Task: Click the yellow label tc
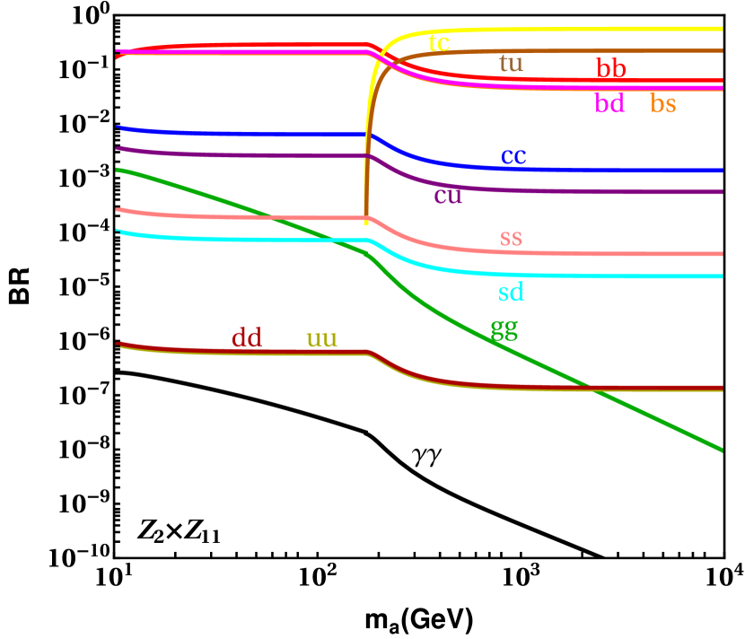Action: tap(439, 42)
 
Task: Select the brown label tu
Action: tap(511, 63)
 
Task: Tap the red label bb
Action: tap(611, 68)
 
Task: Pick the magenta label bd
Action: tap(609, 103)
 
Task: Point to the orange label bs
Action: tap(663, 104)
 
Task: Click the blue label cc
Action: tap(513, 155)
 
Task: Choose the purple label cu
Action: tap(448, 195)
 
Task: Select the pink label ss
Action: tap(511, 238)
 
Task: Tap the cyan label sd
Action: tap(511, 292)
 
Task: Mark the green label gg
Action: tap(504, 328)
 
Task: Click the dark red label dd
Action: tap(246, 338)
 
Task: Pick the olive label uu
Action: tap(321, 338)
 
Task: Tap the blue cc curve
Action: tap(628, 169)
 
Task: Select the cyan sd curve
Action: tap(628, 276)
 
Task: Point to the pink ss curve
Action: tap(628, 253)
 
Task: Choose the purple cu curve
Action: tap(628, 191)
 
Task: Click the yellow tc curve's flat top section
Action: tap(583, 29)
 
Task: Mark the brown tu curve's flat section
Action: tap(583, 51)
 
